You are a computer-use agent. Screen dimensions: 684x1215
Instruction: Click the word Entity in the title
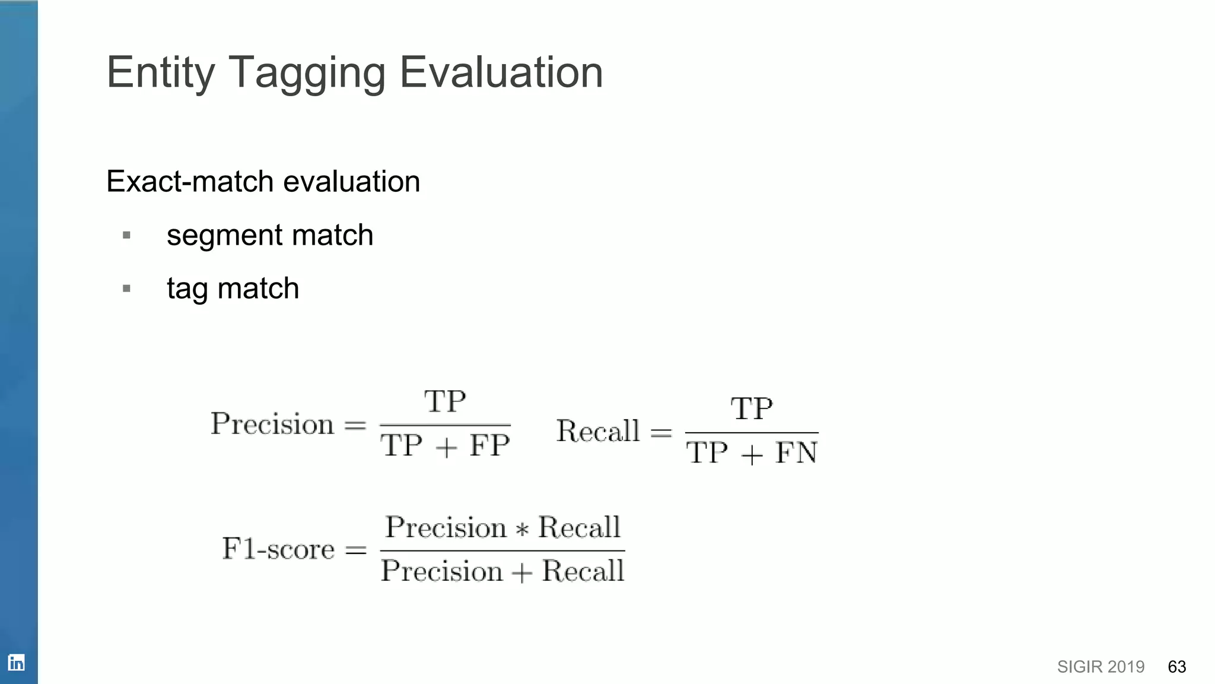(160, 73)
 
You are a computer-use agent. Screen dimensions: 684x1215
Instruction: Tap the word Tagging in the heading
(307, 73)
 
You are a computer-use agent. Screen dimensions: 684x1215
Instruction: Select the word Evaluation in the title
(501, 72)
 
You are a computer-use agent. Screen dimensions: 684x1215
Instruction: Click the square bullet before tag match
(126, 289)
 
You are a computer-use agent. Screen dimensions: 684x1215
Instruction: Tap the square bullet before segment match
(126, 236)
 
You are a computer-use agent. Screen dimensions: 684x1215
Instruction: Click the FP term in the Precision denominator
(489, 445)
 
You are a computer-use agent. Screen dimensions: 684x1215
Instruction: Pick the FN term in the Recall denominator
(796, 453)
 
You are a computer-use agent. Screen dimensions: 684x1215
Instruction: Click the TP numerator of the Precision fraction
(445, 402)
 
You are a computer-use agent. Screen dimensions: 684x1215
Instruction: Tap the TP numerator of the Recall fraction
(752, 409)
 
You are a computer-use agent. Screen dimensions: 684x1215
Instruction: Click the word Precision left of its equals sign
(272, 424)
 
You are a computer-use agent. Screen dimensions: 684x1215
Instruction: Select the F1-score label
(278, 549)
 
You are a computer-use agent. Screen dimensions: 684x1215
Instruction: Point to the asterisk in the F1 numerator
(522, 529)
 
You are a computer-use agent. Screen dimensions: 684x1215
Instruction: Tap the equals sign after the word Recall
(661, 432)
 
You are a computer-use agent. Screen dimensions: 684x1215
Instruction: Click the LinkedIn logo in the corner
(17, 663)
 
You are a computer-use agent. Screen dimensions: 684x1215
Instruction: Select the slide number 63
(1176, 667)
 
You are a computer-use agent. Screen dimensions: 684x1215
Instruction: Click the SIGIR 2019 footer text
(1101, 667)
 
